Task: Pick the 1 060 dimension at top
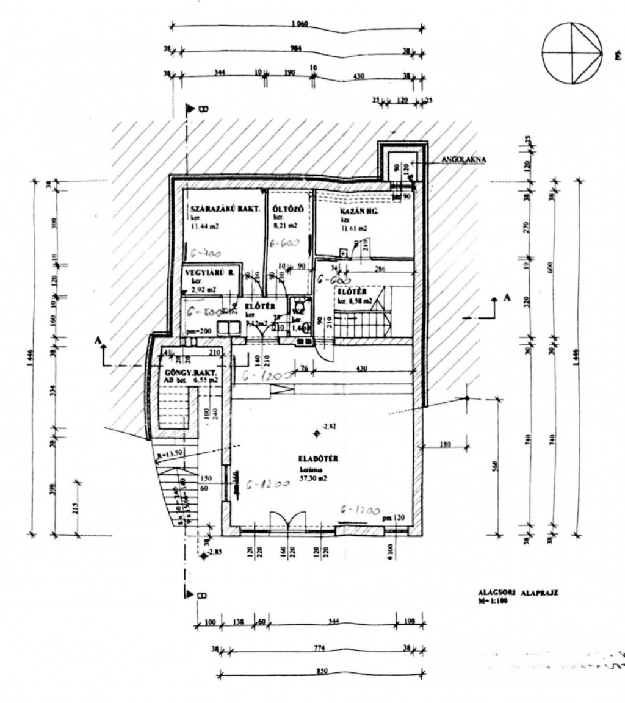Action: coord(299,24)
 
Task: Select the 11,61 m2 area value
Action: coord(354,229)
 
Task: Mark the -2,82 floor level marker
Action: coord(329,426)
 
